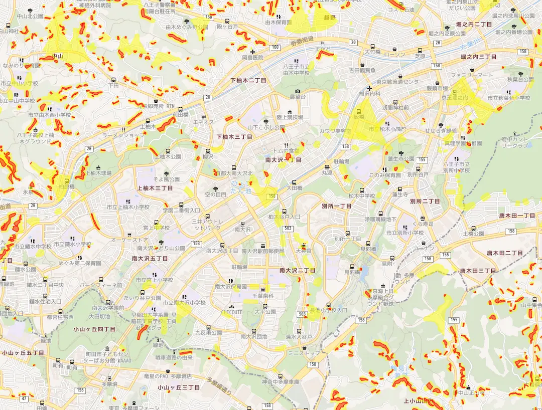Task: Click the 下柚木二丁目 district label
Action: [x=248, y=80]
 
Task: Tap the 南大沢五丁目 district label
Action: [x=150, y=259]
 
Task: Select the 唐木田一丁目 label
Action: [x=517, y=216]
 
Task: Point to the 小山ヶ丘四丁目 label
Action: [x=94, y=329]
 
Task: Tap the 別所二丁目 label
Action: [x=425, y=201]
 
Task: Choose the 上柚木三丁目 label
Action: [x=155, y=188]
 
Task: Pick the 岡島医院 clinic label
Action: [x=252, y=58]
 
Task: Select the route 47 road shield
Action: [x=25, y=398]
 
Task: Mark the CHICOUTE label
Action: [x=231, y=312]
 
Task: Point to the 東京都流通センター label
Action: [x=400, y=82]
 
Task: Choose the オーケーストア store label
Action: [x=129, y=240]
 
